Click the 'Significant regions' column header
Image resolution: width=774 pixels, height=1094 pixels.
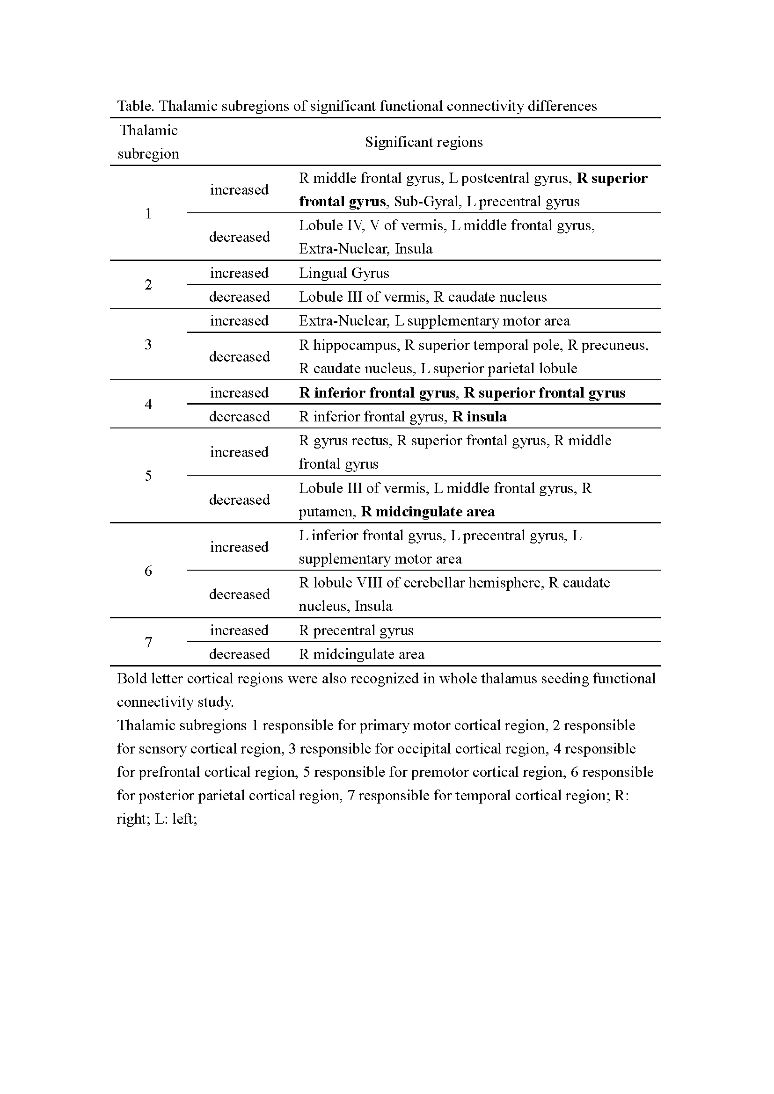424,142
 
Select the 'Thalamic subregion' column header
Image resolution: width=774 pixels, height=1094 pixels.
148,142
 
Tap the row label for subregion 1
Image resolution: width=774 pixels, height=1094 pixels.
148,213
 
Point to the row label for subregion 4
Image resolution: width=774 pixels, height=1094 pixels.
148,405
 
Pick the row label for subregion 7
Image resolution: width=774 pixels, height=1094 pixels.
148,642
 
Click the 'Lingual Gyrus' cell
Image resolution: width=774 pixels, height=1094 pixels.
343,273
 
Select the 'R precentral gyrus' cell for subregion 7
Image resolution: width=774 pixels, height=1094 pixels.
356,630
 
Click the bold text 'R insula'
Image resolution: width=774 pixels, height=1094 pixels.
479,417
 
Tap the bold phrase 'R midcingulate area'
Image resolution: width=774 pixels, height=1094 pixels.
428,512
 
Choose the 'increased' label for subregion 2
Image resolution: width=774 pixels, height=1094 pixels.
239,273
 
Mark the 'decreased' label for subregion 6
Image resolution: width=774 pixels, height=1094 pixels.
239,594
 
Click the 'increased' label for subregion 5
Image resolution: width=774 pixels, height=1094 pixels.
239,452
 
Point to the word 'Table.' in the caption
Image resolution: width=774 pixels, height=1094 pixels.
135,106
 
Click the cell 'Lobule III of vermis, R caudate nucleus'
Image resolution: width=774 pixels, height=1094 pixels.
423,297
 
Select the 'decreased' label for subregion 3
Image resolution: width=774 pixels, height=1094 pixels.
239,357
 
